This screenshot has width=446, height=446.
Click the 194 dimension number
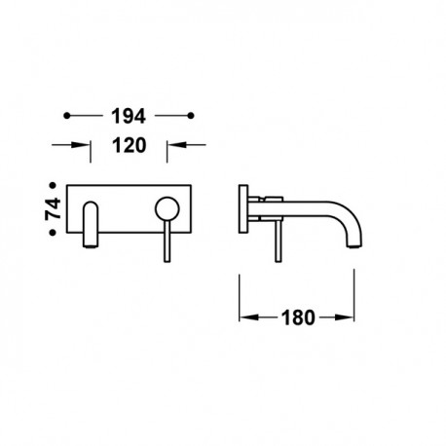[x=129, y=116]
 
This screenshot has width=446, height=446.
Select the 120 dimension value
[x=130, y=145]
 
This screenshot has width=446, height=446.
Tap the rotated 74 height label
[x=53, y=208]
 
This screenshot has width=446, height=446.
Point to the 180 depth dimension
[x=298, y=317]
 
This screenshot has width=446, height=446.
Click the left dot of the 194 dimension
[x=67, y=116]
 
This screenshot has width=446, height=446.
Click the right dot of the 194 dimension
[x=191, y=116]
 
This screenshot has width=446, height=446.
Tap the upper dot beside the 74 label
[x=53, y=185]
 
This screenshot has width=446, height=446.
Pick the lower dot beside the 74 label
[x=53, y=233]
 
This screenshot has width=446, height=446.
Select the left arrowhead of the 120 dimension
[x=81, y=145]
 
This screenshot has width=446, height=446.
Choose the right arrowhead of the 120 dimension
[x=176, y=145]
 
